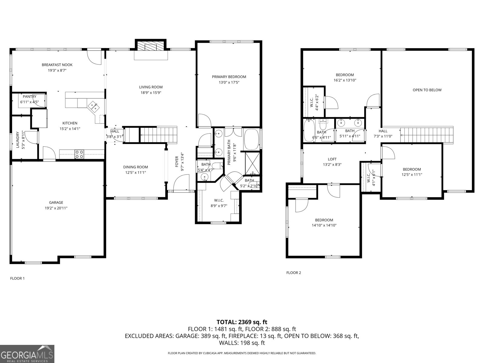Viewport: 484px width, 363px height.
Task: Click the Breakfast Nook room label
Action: (x=57, y=65)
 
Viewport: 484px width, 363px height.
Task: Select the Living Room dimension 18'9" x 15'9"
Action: (x=151, y=93)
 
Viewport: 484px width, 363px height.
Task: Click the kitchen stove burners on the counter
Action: (x=80, y=154)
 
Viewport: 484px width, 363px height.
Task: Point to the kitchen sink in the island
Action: (x=93, y=106)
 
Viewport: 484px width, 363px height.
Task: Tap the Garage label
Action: (x=56, y=202)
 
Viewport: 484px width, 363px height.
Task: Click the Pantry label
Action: (x=29, y=96)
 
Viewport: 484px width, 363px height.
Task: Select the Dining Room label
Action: (x=136, y=167)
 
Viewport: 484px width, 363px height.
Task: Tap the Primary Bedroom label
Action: (x=229, y=77)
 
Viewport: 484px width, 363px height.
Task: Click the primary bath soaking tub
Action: (x=252, y=139)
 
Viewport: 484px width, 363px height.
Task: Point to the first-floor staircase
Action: (x=158, y=134)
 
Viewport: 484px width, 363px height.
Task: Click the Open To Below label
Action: (x=427, y=90)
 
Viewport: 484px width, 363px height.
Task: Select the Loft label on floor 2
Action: (x=332, y=159)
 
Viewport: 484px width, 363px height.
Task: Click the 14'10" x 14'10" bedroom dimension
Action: (x=324, y=225)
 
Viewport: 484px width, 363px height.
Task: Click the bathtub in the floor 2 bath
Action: (x=309, y=130)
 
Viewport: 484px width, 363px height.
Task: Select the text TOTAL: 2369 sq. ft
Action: (x=242, y=322)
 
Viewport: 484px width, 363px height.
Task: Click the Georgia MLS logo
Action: (x=27, y=354)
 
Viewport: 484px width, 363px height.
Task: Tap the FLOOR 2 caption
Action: (x=294, y=273)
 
